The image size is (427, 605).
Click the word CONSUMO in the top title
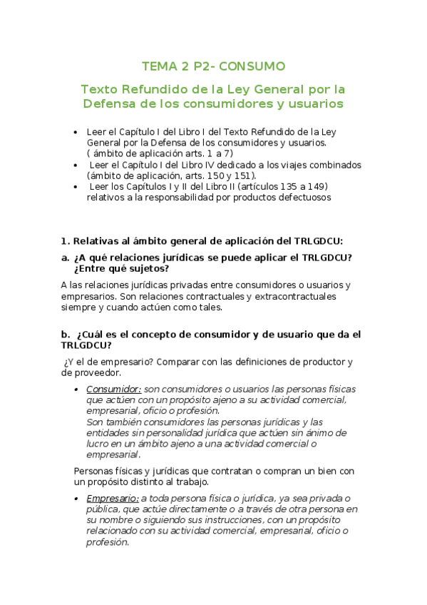(252, 66)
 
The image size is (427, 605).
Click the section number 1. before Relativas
(65, 241)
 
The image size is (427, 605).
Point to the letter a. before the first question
(66, 257)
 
